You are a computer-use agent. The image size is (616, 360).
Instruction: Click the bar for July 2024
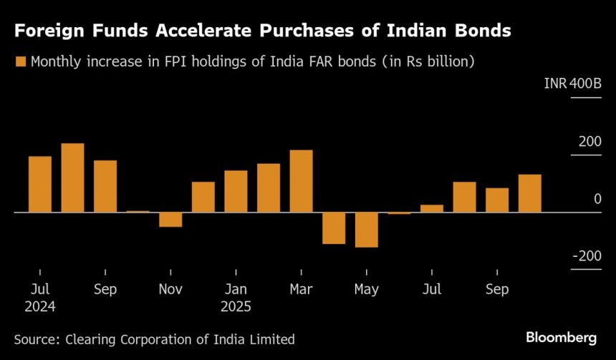coord(40,184)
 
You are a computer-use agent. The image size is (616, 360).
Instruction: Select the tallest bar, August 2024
coord(72,177)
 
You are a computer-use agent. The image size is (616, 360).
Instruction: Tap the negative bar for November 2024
coord(170,220)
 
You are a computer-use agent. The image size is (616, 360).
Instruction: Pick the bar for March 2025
coord(301,181)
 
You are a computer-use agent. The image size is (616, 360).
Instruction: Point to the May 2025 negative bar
coord(366,230)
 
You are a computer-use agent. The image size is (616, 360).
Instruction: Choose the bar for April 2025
coord(334,228)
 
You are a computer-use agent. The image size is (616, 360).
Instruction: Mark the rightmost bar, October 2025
coord(529,193)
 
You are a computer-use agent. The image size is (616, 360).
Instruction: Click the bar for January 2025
coord(236,191)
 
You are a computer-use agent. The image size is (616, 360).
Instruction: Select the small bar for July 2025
coord(432,208)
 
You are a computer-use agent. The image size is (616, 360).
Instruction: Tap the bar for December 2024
coord(203,197)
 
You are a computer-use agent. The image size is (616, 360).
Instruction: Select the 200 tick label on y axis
coord(590,142)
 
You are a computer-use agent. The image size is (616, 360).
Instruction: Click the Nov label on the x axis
coord(170,290)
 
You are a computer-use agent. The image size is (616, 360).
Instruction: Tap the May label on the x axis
coord(366,290)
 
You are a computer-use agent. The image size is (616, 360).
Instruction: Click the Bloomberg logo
coord(562,337)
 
